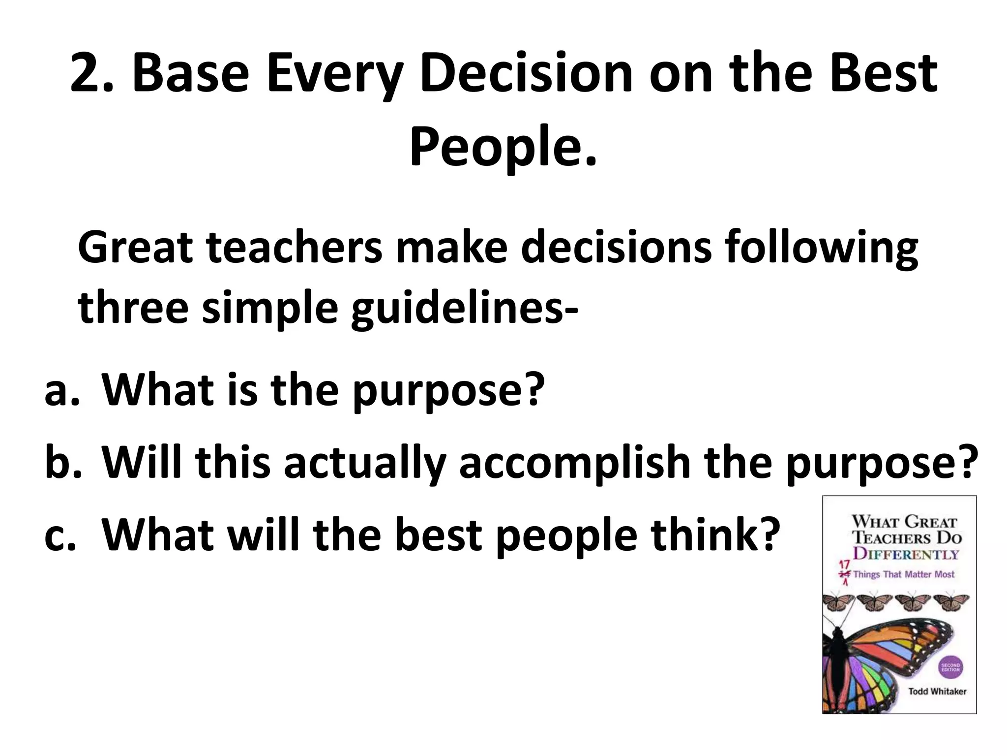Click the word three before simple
pos(133,308)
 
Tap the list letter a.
pos(61,391)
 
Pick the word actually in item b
pos(364,464)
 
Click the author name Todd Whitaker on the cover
pos(937,692)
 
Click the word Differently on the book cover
pos(906,554)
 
